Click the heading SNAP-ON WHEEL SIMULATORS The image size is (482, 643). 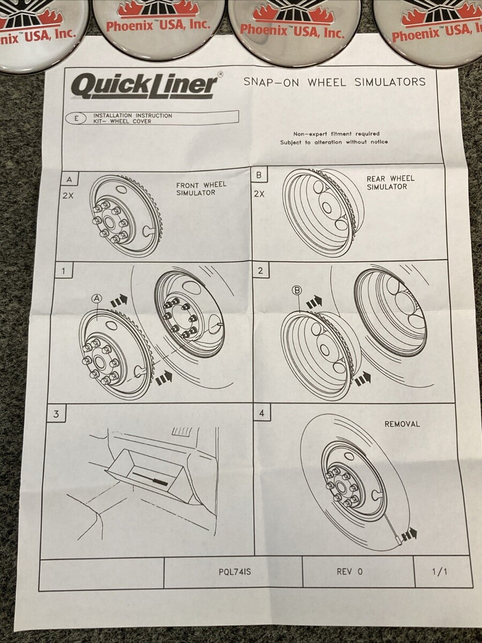tap(334, 82)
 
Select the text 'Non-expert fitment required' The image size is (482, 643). tap(336, 134)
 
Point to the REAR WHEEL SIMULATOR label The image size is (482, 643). tap(390, 183)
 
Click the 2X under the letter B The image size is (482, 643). tap(259, 194)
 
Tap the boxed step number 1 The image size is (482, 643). tap(63, 271)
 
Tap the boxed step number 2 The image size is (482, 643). tap(260, 271)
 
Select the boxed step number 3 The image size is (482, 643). tap(56, 414)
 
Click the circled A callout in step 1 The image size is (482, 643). tap(97, 298)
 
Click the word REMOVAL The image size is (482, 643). tap(402, 424)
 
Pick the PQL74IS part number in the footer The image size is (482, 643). tap(235, 572)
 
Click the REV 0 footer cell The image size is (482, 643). tap(349, 572)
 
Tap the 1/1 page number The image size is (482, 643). tap(439, 572)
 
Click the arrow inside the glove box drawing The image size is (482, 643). tap(150, 478)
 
